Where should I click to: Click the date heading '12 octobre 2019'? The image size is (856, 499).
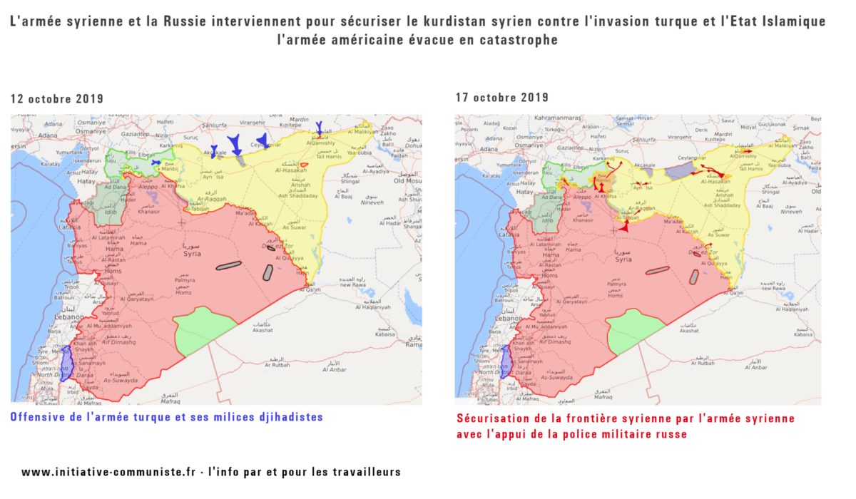(x=57, y=98)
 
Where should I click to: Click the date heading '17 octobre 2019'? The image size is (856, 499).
(x=501, y=98)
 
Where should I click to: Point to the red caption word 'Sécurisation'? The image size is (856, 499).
(x=493, y=418)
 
